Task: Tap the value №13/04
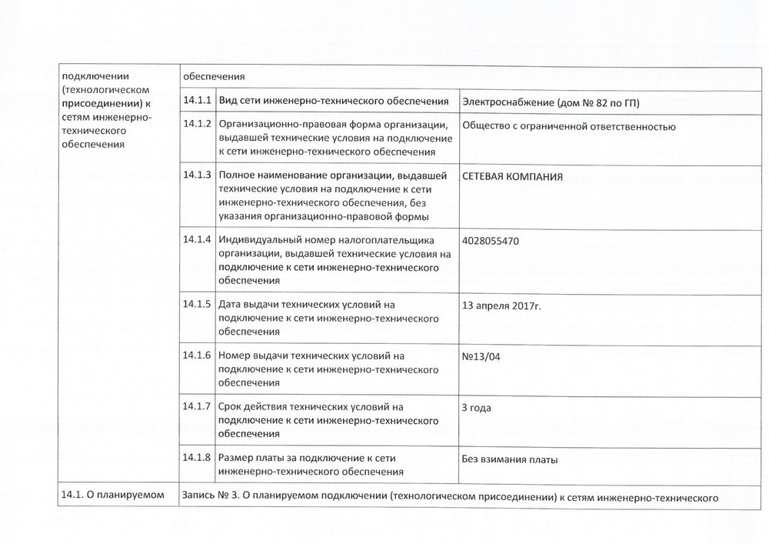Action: click(x=480, y=356)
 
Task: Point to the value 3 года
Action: click(x=476, y=407)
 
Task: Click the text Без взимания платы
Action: click(x=508, y=460)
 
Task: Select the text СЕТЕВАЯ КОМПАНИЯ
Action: click(x=511, y=176)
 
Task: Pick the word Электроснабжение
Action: click(x=506, y=103)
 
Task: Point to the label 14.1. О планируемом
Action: click(x=112, y=496)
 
